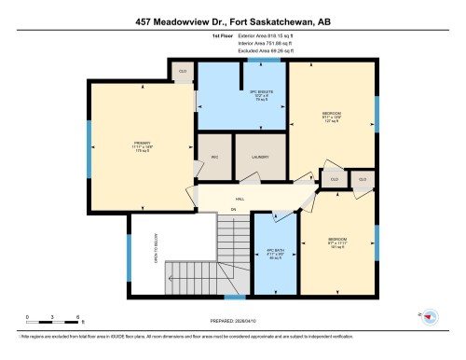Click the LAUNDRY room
pyautogui.click(x=260, y=158)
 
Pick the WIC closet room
pyautogui.click(x=213, y=158)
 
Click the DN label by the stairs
pyautogui.click(x=234, y=209)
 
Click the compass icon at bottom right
pyautogui.click(x=430, y=316)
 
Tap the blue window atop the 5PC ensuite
pyautogui.click(x=269, y=61)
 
